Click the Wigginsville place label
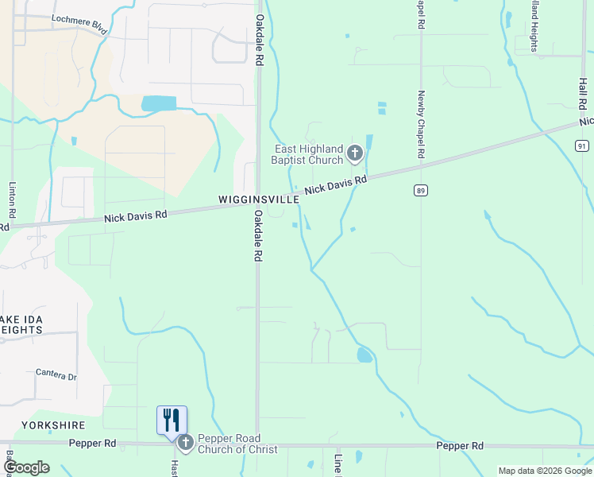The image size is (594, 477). click(259, 200)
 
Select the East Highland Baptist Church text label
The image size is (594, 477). click(309, 154)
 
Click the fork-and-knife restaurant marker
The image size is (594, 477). click(172, 420)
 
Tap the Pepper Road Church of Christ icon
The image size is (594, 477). click(186, 443)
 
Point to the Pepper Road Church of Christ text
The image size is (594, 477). click(237, 444)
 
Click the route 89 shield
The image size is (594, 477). click(420, 190)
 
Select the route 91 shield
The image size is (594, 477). click(582, 145)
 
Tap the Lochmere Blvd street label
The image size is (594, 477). click(79, 24)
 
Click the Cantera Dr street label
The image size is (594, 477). click(56, 374)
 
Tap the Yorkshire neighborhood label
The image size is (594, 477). click(52, 425)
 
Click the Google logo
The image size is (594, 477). click(26, 467)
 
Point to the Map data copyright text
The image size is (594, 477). click(545, 471)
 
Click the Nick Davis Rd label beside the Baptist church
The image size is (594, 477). click(336, 186)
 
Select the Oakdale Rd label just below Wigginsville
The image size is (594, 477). click(258, 236)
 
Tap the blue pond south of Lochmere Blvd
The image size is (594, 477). click(159, 103)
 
